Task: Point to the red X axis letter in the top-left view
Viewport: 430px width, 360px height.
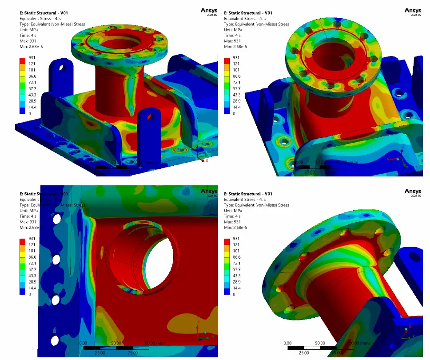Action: (x=207, y=161)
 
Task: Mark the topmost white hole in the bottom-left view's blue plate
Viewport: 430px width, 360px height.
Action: (x=57, y=219)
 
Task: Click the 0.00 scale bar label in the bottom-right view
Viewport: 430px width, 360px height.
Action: (x=287, y=343)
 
